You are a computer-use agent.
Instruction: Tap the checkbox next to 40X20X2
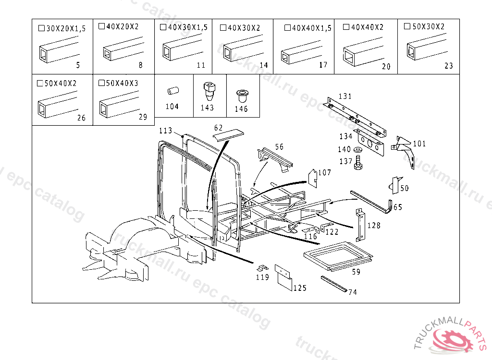point(101,26)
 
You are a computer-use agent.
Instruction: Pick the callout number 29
point(143,117)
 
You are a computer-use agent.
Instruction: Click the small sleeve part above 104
point(172,91)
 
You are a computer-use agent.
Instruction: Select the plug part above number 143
point(208,90)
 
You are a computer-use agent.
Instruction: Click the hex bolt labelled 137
point(358,165)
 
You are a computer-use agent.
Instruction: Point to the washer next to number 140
point(358,150)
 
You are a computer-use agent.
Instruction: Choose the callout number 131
point(345,96)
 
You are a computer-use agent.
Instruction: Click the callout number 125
point(300,288)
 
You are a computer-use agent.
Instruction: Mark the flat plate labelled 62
point(228,135)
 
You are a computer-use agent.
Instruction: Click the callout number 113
point(165,131)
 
